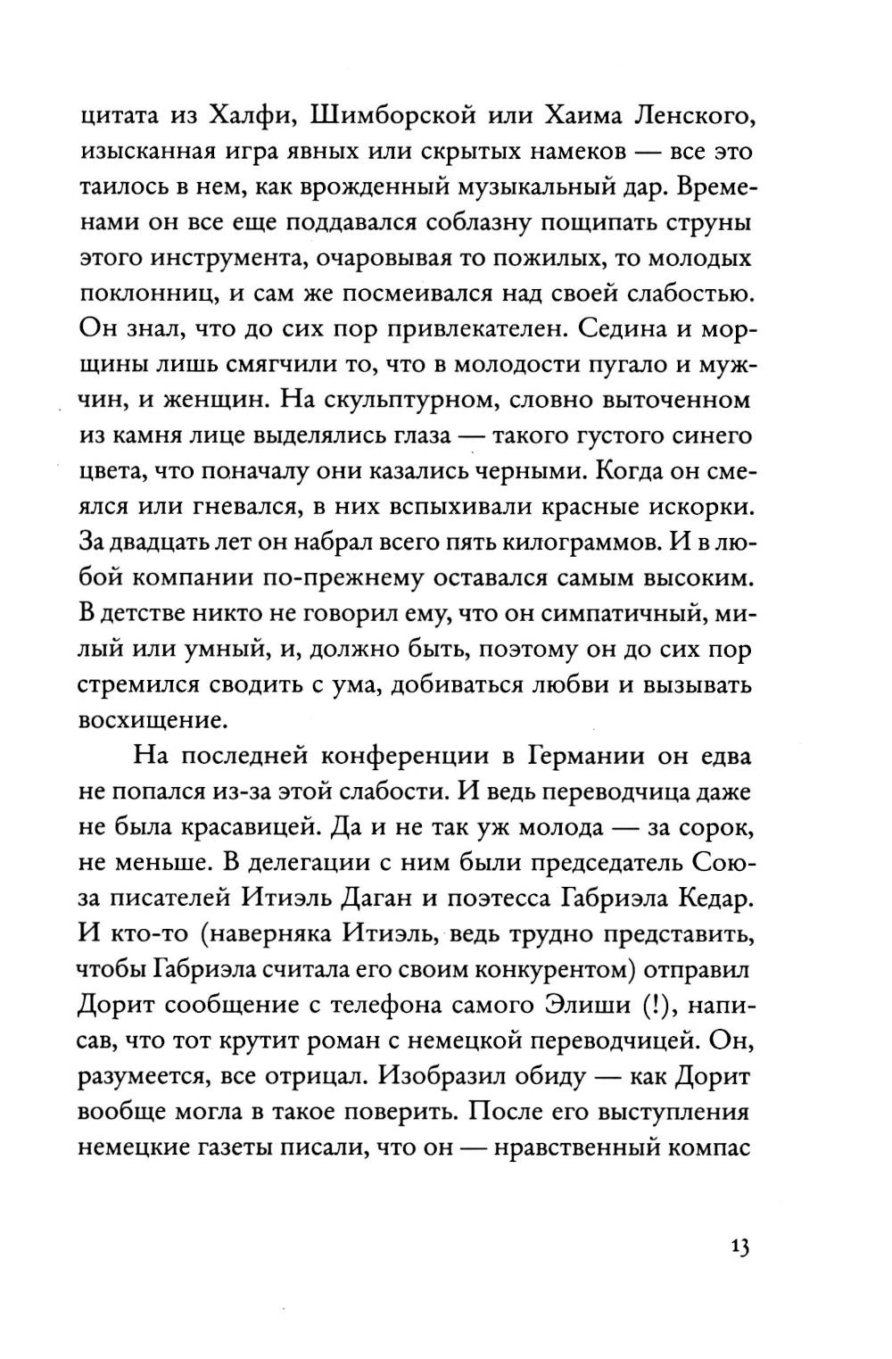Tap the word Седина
[x=627, y=327]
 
